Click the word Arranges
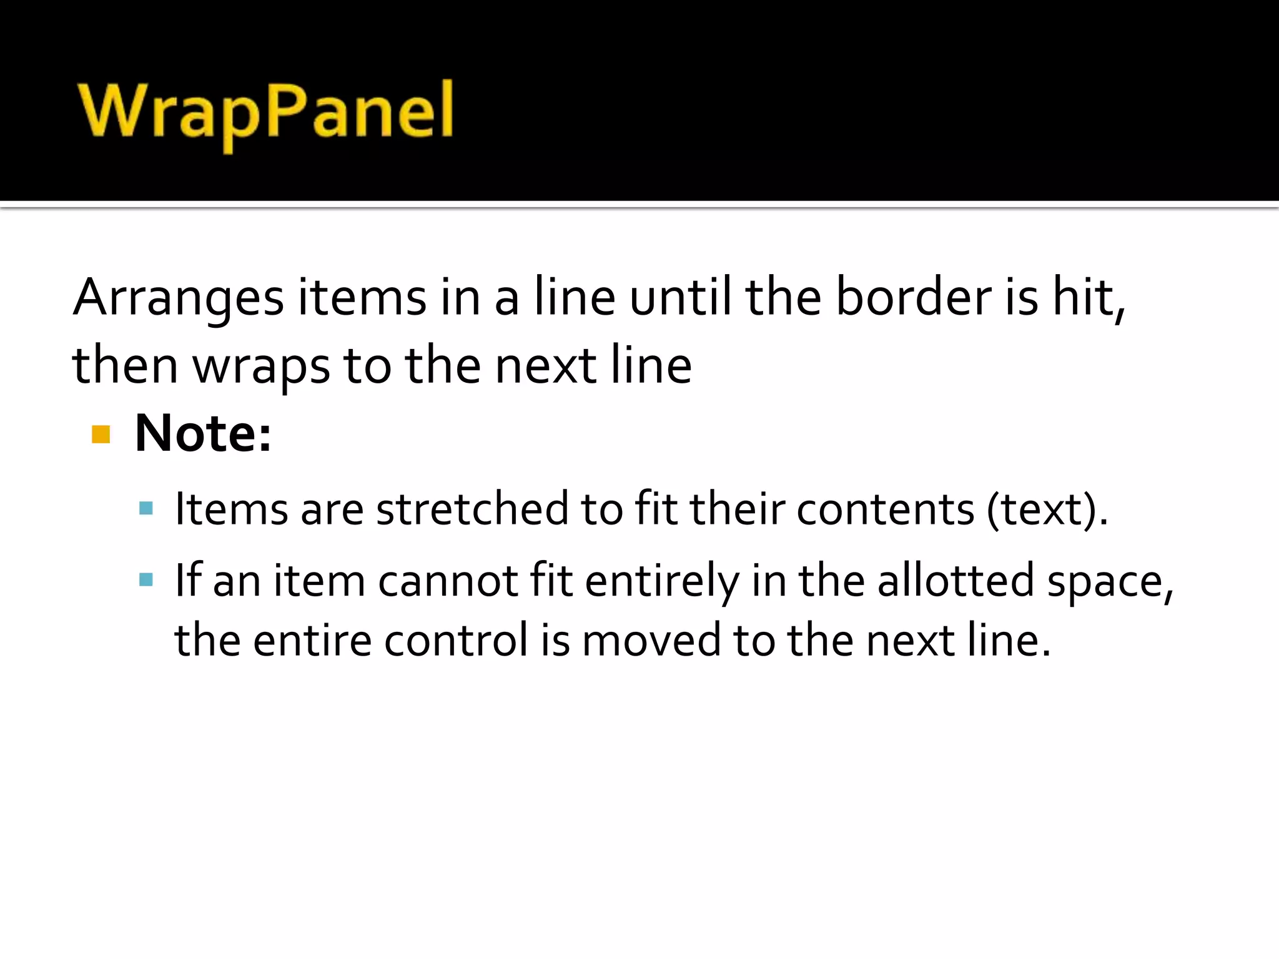click(179, 298)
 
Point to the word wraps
click(261, 366)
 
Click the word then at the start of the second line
click(125, 366)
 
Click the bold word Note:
click(203, 433)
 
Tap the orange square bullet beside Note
click(101, 434)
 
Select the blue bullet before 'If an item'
click(146, 580)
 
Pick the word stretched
click(472, 509)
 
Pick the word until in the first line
click(680, 298)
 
